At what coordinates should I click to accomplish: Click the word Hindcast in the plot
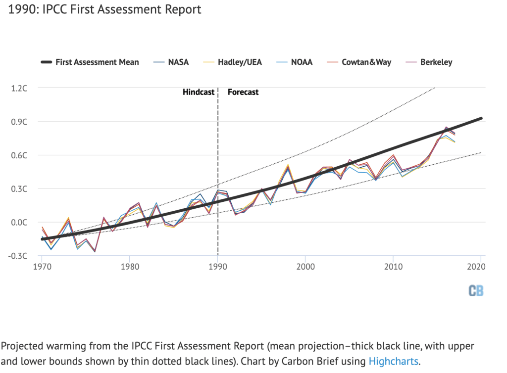point(199,92)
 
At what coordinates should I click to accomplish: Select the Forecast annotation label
point(243,92)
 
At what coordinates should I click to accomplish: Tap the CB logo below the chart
point(476,291)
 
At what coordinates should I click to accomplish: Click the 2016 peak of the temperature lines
point(446,128)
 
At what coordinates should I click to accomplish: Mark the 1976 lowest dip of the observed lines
point(95,251)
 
